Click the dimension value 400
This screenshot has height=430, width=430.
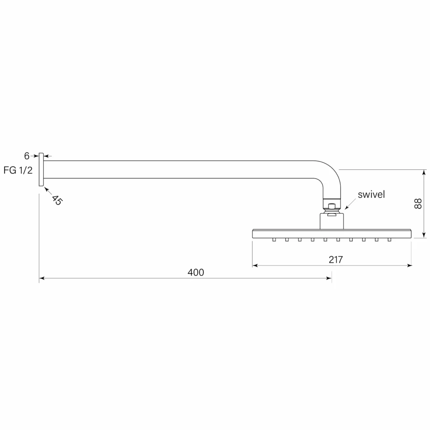(196, 272)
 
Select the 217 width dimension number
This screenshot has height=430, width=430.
(336, 260)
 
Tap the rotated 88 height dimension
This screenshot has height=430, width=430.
(418, 204)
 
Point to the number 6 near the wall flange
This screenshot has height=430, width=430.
(26, 156)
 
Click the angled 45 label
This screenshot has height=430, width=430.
(57, 200)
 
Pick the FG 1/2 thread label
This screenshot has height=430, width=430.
(18, 170)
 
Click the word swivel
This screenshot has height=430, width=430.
(371, 194)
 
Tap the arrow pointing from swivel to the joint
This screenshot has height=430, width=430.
(350, 205)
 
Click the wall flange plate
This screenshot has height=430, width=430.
(41, 170)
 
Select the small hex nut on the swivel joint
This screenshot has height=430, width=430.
(332, 205)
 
